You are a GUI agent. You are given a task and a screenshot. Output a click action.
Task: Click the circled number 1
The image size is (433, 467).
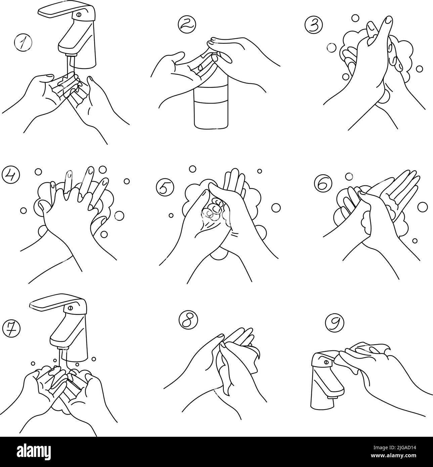pos(23,43)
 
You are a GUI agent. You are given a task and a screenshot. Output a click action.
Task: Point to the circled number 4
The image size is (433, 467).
pos(11,174)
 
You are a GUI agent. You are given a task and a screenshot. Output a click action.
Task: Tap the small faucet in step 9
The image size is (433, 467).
pos(324,380)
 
